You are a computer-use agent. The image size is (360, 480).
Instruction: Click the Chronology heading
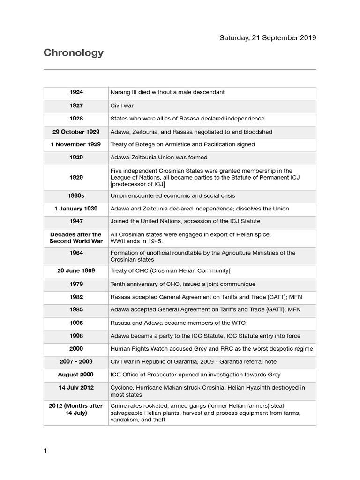click(x=74, y=53)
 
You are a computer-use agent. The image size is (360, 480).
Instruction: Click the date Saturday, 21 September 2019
click(x=268, y=37)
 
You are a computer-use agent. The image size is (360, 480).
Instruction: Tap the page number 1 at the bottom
click(x=45, y=451)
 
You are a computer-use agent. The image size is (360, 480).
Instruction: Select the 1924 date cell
click(x=76, y=92)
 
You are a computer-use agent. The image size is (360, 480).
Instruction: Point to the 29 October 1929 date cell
click(x=76, y=132)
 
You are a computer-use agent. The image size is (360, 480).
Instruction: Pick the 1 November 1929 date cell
click(x=76, y=144)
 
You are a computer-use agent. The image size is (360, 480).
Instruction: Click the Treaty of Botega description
click(x=182, y=144)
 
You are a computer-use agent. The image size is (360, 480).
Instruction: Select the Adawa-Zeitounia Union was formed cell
click(x=158, y=157)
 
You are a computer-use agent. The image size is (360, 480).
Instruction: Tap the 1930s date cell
click(x=76, y=195)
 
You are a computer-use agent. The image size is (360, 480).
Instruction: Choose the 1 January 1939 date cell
click(x=76, y=209)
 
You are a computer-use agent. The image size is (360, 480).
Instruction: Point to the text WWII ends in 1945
click(x=136, y=241)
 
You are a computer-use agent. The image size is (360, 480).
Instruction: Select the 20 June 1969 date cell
click(x=76, y=271)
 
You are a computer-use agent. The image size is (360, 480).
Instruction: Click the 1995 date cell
click(x=76, y=323)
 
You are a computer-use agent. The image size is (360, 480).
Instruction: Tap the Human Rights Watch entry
click(x=211, y=349)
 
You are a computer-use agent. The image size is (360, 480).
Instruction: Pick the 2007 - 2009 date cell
click(x=76, y=362)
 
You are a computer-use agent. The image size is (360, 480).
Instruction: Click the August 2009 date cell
click(x=76, y=375)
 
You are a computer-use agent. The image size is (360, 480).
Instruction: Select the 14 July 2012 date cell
click(x=76, y=388)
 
